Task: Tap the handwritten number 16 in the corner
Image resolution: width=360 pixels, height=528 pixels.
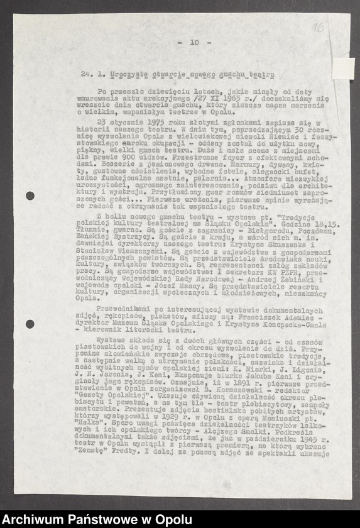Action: (x=318, y=28)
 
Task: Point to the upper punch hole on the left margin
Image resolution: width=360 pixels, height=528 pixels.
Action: (x=30, y=195)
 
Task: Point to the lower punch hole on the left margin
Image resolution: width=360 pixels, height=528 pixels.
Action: (x=30, y=324)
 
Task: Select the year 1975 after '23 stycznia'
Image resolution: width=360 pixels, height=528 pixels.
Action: (x=160, y=119)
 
